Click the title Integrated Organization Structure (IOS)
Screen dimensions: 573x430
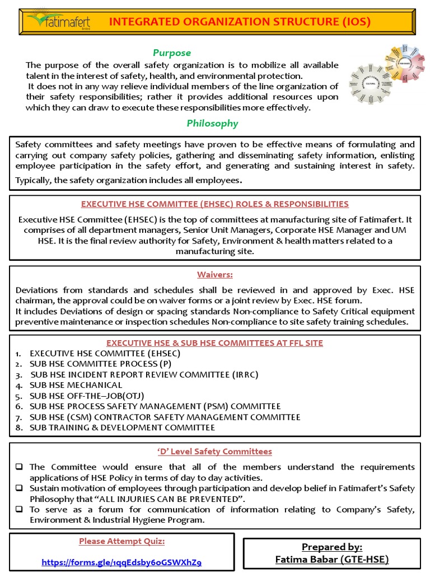point(239,22)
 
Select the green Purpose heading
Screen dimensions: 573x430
point(172,53)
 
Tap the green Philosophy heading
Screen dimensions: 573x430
point(212,123)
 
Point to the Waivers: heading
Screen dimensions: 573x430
point(214,275)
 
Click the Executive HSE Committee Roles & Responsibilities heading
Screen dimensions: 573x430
point(214,204)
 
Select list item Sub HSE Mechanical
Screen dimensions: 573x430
point(76,385)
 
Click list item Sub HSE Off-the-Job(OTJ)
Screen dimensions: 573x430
point(91,396)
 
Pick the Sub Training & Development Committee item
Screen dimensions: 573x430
point(122,428)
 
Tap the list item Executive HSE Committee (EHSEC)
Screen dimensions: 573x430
point(105,353)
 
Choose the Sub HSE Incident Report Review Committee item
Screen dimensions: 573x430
point(144,374)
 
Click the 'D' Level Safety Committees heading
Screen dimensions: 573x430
point(214,452)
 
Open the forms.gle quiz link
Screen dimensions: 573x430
point(121,562)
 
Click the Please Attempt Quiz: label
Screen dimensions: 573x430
point(121,541)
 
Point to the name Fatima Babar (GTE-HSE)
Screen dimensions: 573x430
point(332,559)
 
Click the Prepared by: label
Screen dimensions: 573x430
point(332,547)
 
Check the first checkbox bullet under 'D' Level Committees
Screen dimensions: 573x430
point(19,467)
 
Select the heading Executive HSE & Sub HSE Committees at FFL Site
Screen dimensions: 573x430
point(214,342)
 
